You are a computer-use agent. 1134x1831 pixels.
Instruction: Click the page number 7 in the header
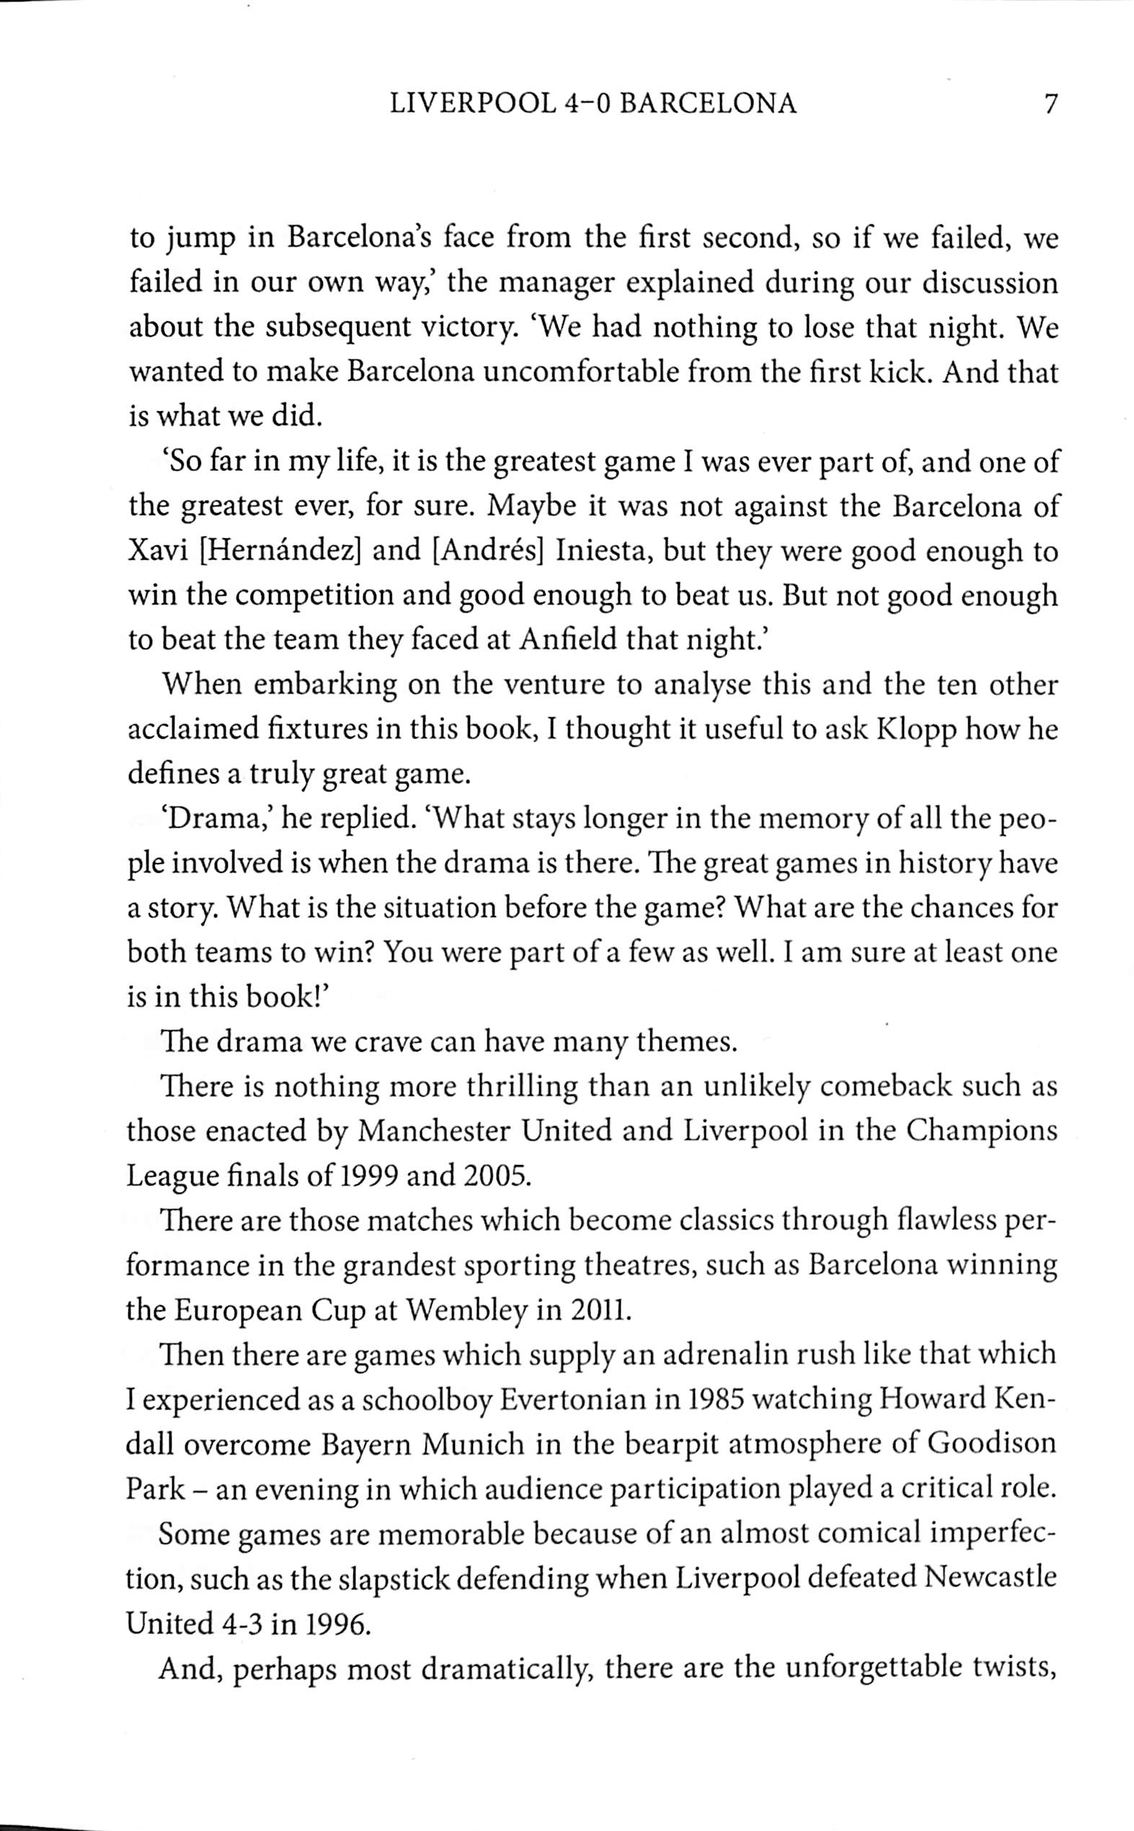click(1050, 104)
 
